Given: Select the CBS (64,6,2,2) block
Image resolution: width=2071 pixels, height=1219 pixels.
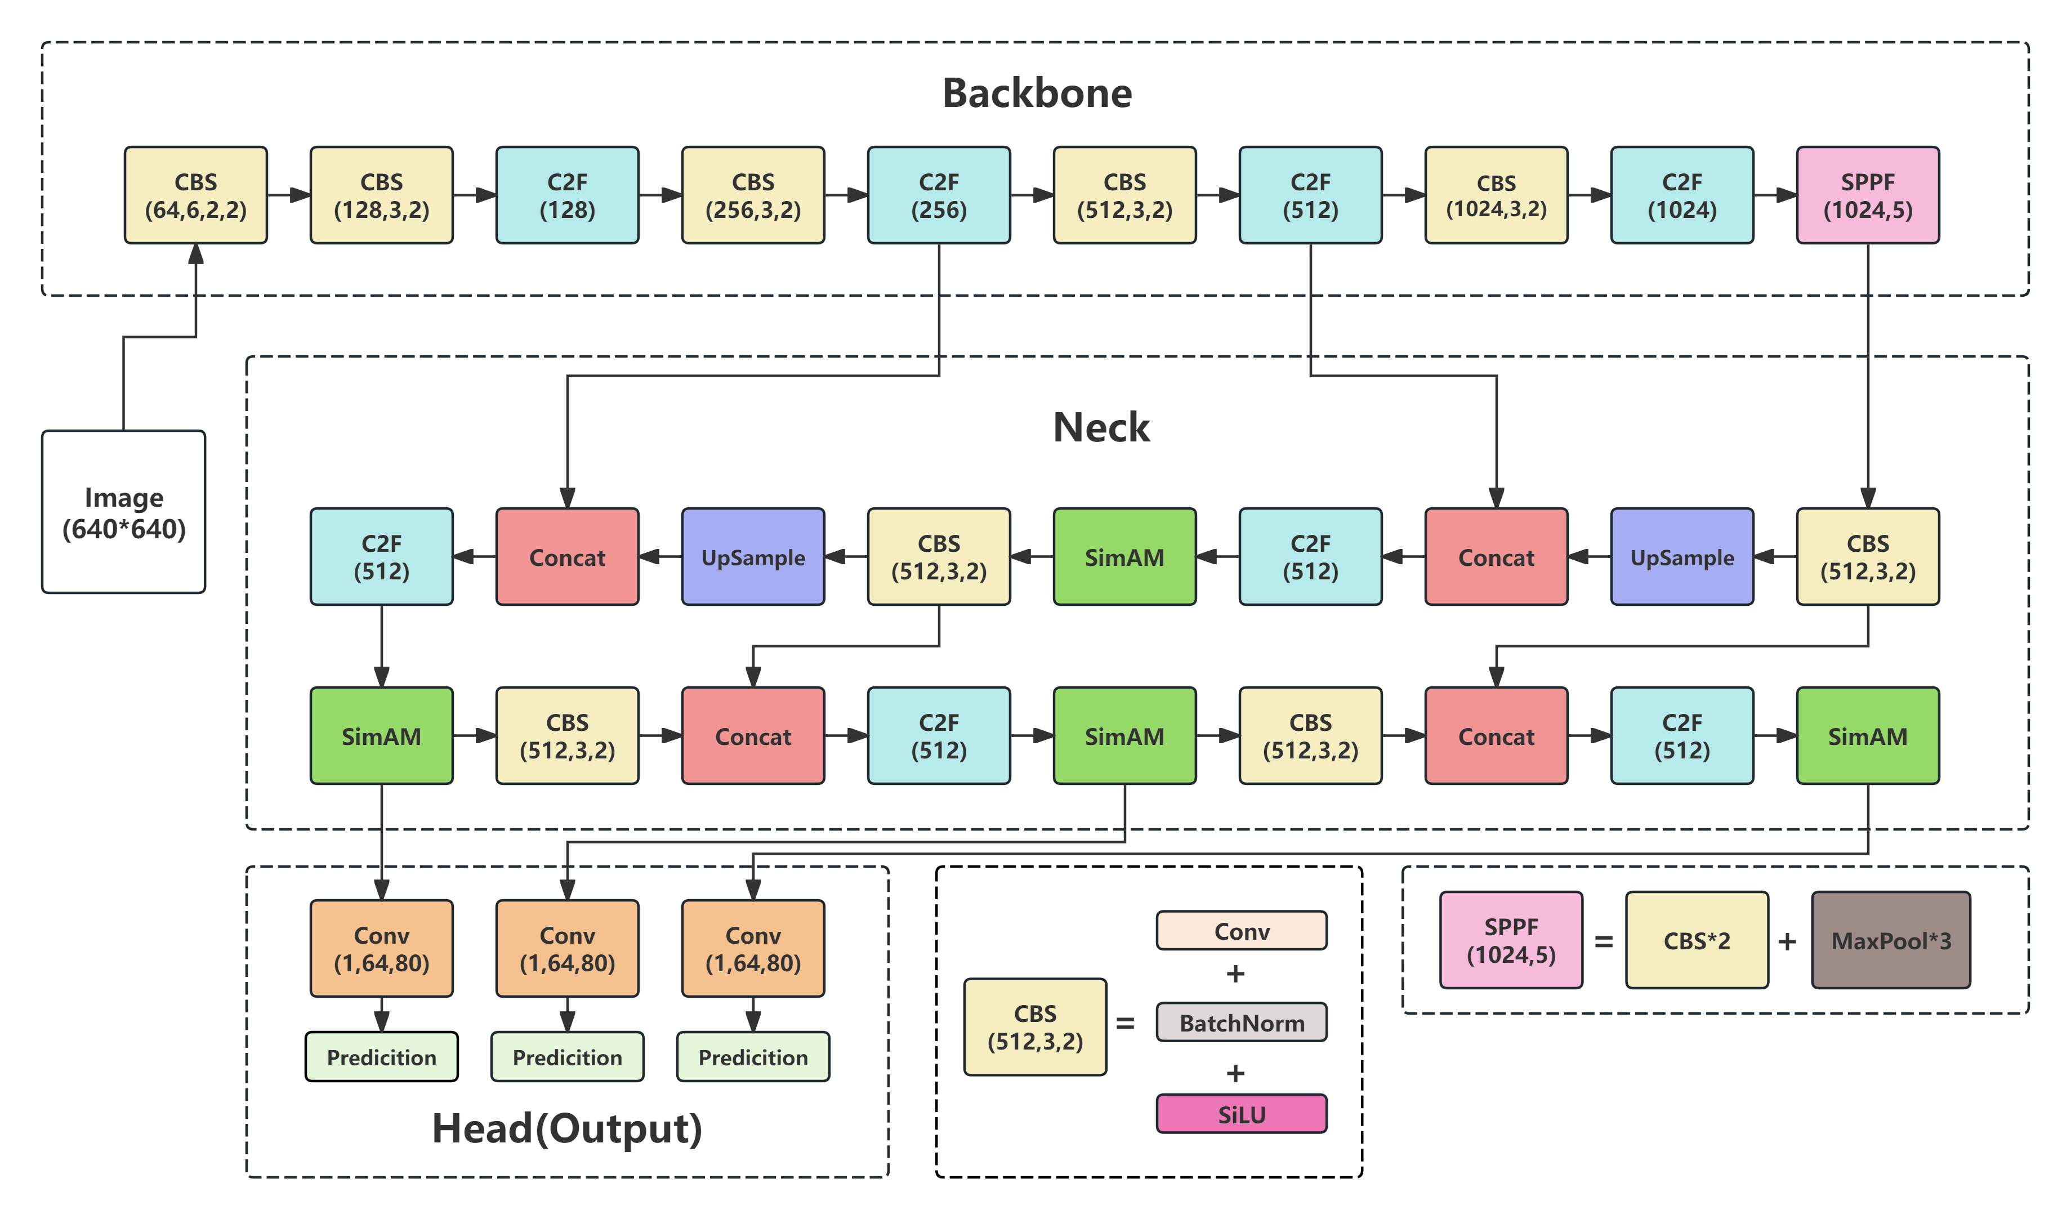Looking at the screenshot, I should pos(195,195).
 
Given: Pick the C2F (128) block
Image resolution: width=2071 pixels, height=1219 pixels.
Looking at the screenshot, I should pos(567,195).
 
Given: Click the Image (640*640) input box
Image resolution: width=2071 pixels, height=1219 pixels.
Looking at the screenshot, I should pos(123,512).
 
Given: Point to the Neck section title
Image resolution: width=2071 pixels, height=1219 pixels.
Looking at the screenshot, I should pos(1101,427).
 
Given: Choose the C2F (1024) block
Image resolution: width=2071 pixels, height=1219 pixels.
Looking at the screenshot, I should pos(1681,195).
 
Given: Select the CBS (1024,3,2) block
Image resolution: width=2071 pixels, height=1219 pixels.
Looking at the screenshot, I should pos(1496,195).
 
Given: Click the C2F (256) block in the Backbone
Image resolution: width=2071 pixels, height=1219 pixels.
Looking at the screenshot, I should pos(939,195).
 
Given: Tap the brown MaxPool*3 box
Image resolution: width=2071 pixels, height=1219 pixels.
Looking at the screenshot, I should pos(1890,940).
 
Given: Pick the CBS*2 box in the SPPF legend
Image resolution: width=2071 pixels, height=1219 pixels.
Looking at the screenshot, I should pos(1696,940).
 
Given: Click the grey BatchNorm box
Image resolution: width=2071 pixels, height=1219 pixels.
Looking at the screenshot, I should pos(1241,1022).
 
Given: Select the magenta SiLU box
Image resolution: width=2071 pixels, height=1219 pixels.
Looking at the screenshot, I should pos(1241,1115).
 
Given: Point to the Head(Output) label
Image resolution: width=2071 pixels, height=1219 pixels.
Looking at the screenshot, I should pos(567,1128).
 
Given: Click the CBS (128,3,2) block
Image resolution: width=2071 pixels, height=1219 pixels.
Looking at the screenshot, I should pos(381,195).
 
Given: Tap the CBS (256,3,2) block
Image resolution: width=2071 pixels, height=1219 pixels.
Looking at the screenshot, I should pos(753,195).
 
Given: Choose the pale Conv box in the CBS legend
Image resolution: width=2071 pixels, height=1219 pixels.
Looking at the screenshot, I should pos(1241,931).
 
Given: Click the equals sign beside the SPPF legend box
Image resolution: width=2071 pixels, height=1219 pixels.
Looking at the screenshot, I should pos(1604,942).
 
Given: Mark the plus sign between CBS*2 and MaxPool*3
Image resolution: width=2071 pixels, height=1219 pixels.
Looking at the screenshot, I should pos(1787,942).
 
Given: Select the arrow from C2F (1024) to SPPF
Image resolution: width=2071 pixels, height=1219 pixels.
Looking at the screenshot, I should pos(1775,195).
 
